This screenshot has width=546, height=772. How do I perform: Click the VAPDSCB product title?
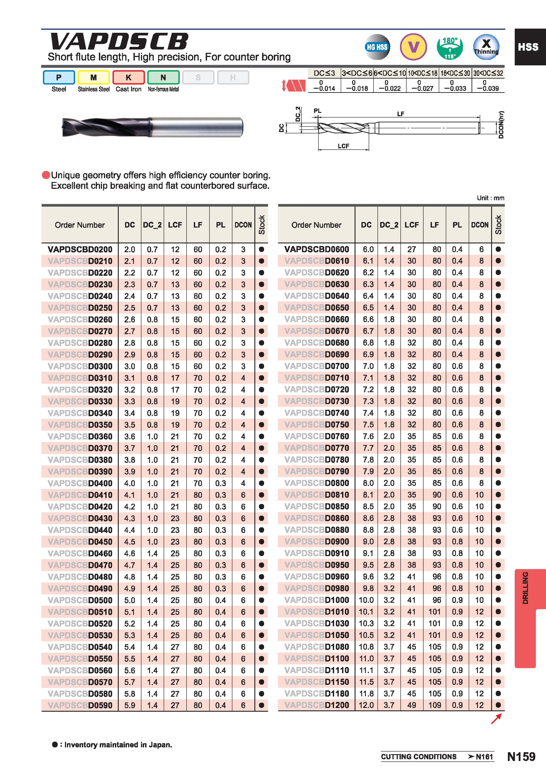(x=119, y=42)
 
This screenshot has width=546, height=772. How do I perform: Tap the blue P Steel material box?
(x=59, y=77)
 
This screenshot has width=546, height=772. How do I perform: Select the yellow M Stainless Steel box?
(x=94, y=77)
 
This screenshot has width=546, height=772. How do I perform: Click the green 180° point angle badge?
(x=450, y=47)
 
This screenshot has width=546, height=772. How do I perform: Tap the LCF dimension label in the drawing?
(x=343, y=146)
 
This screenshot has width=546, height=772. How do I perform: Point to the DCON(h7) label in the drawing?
(x=501, y=124)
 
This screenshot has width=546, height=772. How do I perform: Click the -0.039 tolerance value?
(x=488, y=88)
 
